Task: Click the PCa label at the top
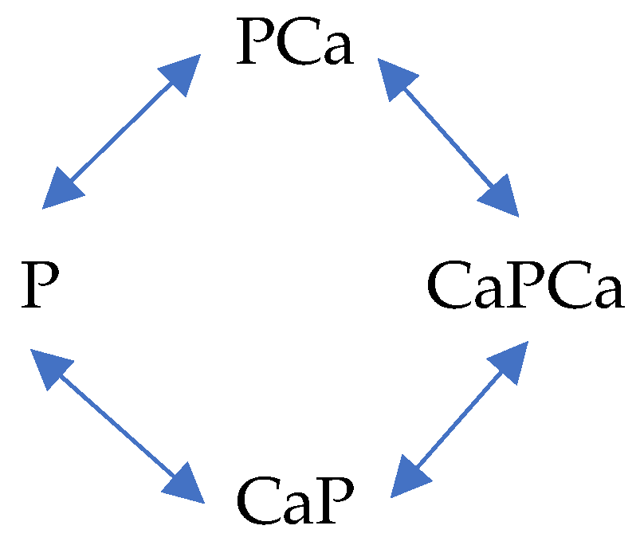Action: [294, 45]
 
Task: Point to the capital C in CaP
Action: [257, 503]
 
